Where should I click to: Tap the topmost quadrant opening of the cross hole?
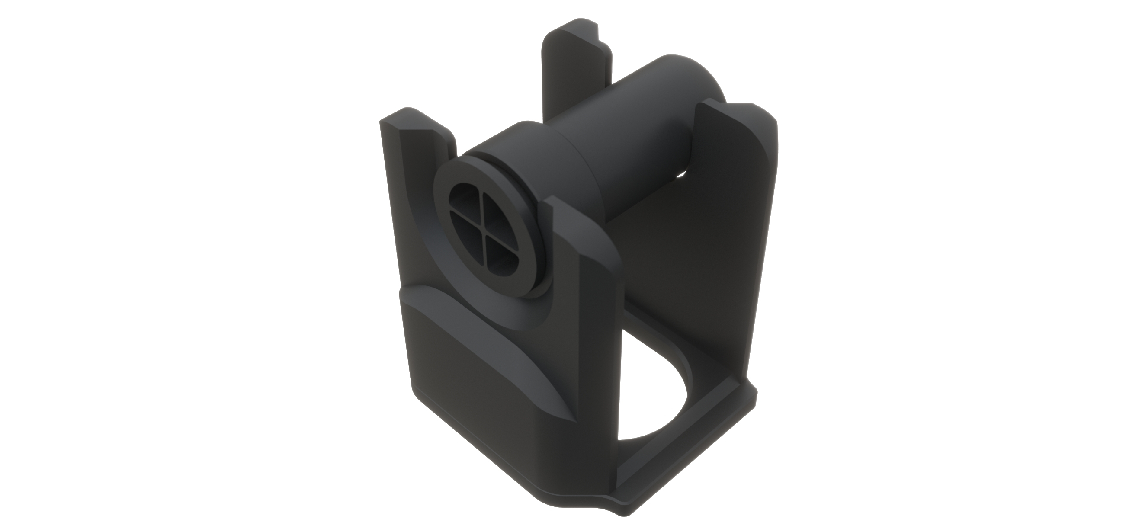click(x=469, y=205)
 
